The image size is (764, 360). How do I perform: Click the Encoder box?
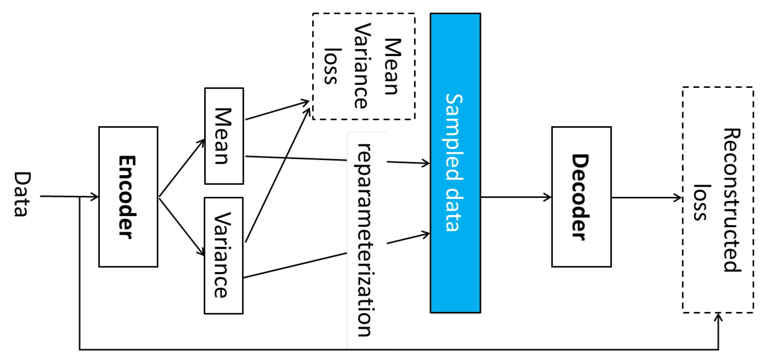point(128,196)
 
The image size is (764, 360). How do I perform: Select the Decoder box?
point(581,196)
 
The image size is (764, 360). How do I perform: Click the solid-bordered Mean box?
point(224,136)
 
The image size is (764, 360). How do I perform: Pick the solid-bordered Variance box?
point(223,255)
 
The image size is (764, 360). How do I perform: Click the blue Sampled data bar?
point(455,163)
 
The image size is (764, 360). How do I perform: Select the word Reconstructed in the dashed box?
point(732,200)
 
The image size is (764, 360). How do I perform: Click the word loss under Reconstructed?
point(701,202)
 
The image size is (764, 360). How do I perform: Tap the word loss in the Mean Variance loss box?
point(332,66)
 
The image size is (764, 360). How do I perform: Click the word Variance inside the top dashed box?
point(362,66)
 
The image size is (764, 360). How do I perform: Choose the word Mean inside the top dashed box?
point(393,67)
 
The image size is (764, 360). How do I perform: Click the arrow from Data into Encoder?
point(70,196)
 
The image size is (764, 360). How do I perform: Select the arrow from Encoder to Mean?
point(182,168)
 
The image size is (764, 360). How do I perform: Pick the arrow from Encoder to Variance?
point(182,227)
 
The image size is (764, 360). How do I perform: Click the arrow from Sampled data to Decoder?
point(516,197)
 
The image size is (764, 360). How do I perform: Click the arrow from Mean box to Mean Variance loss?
point(277,110)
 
